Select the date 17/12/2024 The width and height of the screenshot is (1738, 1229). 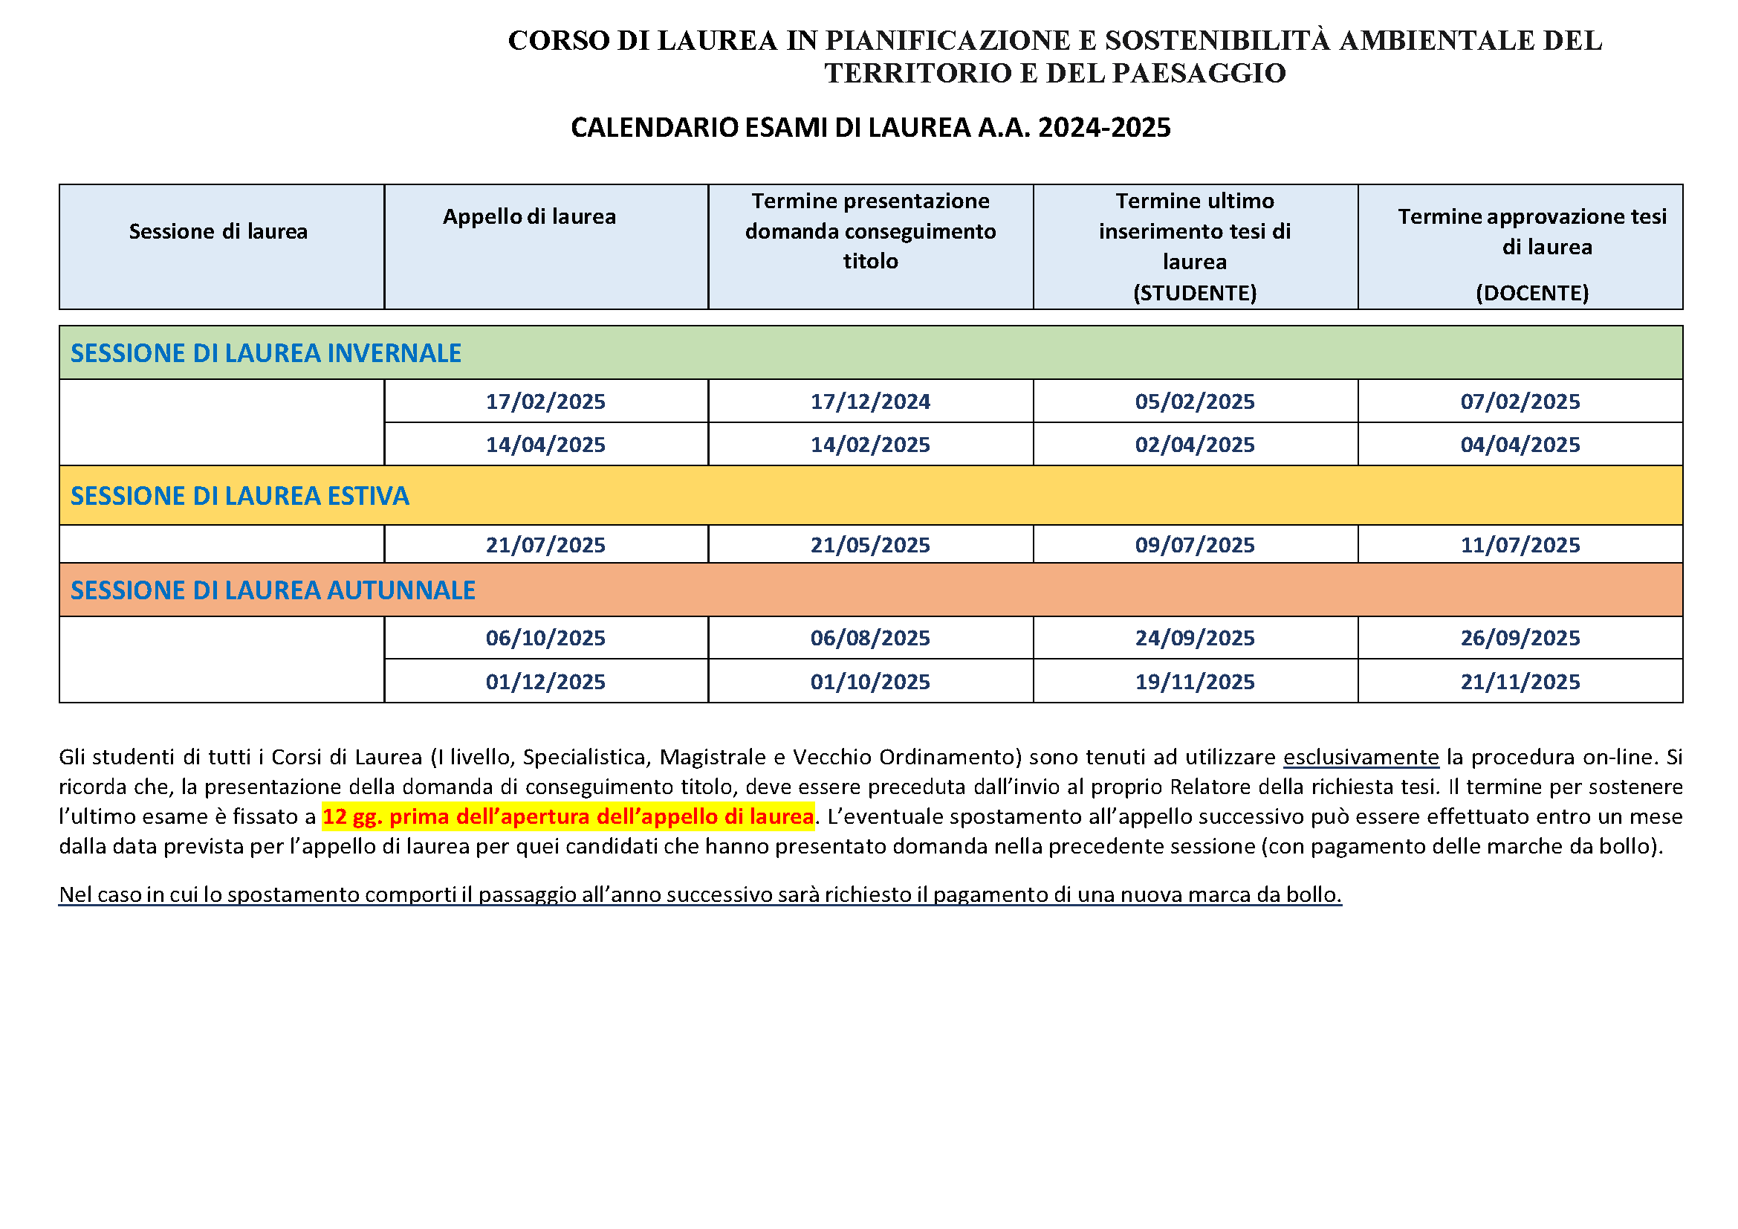870,401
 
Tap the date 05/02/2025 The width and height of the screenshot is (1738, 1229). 1195,401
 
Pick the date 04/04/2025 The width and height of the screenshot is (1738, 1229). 1520,445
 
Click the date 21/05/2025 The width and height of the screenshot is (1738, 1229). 870,545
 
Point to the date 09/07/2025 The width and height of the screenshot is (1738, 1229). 1195,545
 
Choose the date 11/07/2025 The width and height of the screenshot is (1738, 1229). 1520,545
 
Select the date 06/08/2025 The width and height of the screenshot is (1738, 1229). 870,639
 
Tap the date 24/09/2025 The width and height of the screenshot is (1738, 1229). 1195,639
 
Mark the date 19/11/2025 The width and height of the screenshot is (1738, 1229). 1195,682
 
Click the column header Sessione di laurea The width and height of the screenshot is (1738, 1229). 218,232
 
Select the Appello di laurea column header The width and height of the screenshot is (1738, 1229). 529,217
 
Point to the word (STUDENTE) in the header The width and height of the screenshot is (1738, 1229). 1195,293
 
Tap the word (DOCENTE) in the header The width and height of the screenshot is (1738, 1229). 1532,293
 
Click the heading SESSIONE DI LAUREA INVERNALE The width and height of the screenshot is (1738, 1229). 266,354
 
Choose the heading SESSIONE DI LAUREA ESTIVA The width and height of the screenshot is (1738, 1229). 239,496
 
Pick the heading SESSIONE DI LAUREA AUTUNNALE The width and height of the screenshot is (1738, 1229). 273,590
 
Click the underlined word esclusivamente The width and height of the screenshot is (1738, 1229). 1361,757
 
